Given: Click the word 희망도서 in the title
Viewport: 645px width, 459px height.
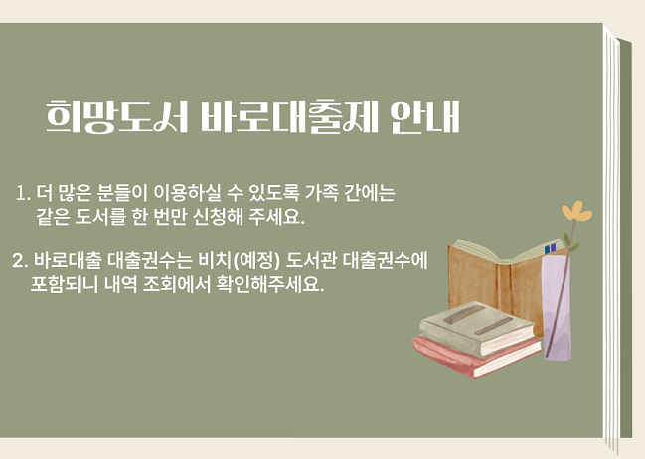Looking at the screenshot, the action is click(117, 117).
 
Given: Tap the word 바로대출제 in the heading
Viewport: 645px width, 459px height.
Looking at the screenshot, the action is click(289, 117).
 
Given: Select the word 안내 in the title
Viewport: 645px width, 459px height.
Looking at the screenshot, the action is click(425, 117).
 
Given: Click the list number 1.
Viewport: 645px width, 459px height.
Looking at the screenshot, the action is click(23, 193).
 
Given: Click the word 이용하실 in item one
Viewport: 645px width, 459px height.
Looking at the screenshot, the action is click(187, 193).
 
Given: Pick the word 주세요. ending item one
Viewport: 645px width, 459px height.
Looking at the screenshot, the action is click(277, 217).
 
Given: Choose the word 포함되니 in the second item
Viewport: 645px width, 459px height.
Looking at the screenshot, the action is click(65, 284).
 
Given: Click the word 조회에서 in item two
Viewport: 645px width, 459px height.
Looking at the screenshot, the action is click(177, 284).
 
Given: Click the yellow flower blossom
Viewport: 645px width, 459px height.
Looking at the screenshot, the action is click(576, 212).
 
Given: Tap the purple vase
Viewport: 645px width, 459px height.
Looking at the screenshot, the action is click(557, 306).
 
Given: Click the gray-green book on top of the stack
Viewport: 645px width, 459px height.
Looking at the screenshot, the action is click(477, 328).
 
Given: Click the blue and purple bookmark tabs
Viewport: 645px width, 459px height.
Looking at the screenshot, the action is click(550, 248).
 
